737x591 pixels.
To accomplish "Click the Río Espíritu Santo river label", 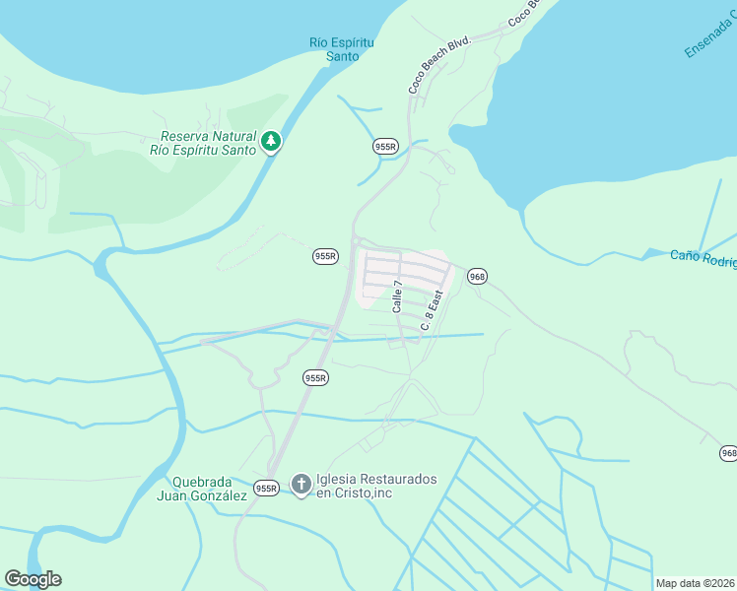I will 341,49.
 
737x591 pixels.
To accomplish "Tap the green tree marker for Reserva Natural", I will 270,143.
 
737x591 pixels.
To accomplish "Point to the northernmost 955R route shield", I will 385,146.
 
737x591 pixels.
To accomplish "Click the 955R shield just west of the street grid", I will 325,256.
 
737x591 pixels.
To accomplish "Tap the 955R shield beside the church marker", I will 266,488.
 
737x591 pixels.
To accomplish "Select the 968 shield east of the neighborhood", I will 477,276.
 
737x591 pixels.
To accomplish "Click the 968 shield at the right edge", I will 727,453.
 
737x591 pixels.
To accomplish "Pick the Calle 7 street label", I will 398,296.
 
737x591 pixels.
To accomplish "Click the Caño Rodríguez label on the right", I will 703,258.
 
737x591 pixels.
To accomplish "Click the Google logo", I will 33,579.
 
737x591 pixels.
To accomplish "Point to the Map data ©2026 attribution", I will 695,583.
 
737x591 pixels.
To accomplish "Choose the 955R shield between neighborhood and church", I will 315,377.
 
